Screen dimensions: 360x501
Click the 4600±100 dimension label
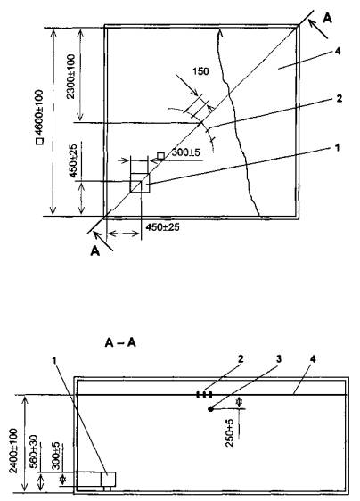[x=39, y=112]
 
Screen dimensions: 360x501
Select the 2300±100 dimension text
[x=71, y=77]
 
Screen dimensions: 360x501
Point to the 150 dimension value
[x=200, y=71]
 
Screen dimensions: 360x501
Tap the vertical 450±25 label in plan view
[x=73, y=160]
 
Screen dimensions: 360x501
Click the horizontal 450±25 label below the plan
[x=162, y=227]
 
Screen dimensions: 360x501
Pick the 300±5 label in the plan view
[x=186, y=152]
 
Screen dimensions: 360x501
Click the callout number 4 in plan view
[x=338, y=51]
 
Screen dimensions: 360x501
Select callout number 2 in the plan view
[x=339, y=98]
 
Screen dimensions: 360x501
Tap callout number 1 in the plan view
[x=337, y=148]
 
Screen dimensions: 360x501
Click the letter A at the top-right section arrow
[x=327, y=18]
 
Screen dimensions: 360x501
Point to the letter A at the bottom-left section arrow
[x=94, y=251]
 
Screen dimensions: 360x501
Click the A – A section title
[x=120, y=343]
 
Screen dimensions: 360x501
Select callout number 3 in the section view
[x=279, y=359]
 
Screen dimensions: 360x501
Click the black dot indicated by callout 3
[x=210, y=408]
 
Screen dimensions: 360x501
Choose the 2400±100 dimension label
[x=13, y=450]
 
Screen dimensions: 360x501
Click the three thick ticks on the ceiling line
[x=204, y=395]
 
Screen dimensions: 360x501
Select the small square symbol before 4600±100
[x=39, y=141]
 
